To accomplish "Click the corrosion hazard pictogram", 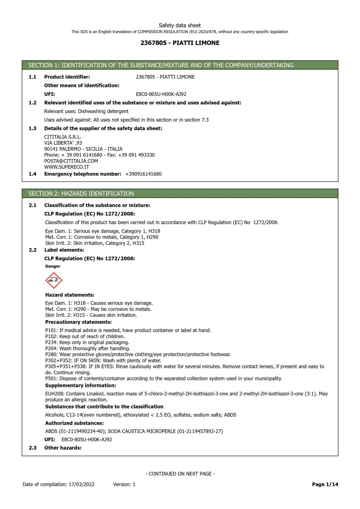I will click(53, 280).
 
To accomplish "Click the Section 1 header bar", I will click(180, 65).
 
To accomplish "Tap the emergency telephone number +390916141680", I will click(143, 174).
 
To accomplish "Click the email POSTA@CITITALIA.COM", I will click(71, 161).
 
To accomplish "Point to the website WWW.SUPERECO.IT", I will click(67, 167).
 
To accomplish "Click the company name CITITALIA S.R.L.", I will click(62, 137).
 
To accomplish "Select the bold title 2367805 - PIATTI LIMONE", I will click(180, 43).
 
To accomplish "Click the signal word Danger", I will click(53, 266).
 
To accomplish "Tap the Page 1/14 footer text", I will click(325, 484).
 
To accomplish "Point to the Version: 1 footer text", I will click(124, 484).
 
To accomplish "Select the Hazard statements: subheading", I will click(70, 295).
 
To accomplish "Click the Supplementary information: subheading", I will click(81, 385).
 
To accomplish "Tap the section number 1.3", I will click(32, 129).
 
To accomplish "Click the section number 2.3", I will click(32, 447).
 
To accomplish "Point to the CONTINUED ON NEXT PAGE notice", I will click(180, 474).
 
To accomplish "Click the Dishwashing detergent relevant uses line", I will click(87, 111).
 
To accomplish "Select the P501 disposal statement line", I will click(163, 378).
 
